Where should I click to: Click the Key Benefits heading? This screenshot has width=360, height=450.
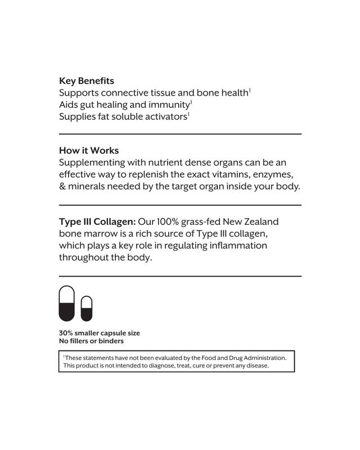[x=87, y=81]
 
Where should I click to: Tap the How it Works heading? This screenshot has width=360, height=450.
[x=89, y=151]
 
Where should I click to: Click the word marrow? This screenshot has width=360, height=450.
[x=106, y=233]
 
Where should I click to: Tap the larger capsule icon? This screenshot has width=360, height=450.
[x=67, y=304]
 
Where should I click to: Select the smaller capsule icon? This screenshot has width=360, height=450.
[x=86, y=309]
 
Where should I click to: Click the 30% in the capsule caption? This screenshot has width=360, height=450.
[x=66, y=333]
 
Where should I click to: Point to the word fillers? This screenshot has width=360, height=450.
[x=82, y=341]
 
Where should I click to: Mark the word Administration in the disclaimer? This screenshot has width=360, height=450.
[x=263, y=358]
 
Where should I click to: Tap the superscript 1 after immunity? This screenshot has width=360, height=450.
[x=191, y=102]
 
